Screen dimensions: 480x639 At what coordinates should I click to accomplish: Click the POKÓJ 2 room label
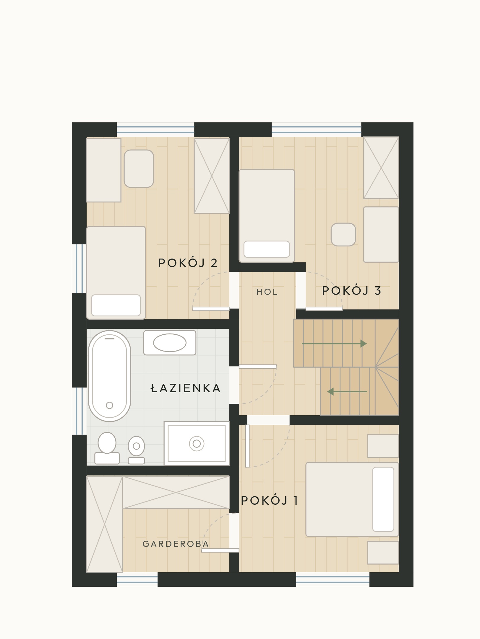tap(188, 262)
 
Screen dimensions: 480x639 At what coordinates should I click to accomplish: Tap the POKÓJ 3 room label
tap(351, 290)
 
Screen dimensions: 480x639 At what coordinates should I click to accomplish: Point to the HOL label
tap(267, 292)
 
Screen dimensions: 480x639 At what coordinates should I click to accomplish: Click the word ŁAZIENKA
tap(186, 388)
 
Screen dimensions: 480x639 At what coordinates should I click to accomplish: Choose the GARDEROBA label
tap(176, 544)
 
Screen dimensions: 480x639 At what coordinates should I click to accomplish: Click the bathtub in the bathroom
tap(109, 376)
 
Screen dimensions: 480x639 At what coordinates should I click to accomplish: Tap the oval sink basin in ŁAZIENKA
tap(170, 343)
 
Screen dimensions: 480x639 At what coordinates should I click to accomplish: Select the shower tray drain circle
tap(197, 443)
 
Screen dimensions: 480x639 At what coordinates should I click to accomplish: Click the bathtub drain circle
tap(109, 405)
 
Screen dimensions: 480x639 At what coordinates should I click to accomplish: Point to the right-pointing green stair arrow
tap(334, 344)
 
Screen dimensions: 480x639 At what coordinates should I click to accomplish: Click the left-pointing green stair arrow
tap(347, 392)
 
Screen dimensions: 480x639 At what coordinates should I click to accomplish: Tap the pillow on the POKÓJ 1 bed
tap(383, 499)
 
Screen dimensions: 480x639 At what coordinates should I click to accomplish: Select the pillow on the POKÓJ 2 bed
tap(116, 305)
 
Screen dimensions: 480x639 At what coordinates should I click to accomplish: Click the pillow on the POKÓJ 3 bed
tap(267, 249)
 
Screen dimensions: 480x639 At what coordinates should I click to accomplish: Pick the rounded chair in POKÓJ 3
tap(343, 234)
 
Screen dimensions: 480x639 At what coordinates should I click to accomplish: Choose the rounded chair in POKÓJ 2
tap(139, 169)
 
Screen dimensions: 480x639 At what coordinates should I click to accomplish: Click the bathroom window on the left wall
tap(79, 411)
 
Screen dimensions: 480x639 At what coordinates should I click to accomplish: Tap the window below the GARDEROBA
tap(137, 579)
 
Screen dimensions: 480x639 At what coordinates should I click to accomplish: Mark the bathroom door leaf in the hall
tap(258, 367)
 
